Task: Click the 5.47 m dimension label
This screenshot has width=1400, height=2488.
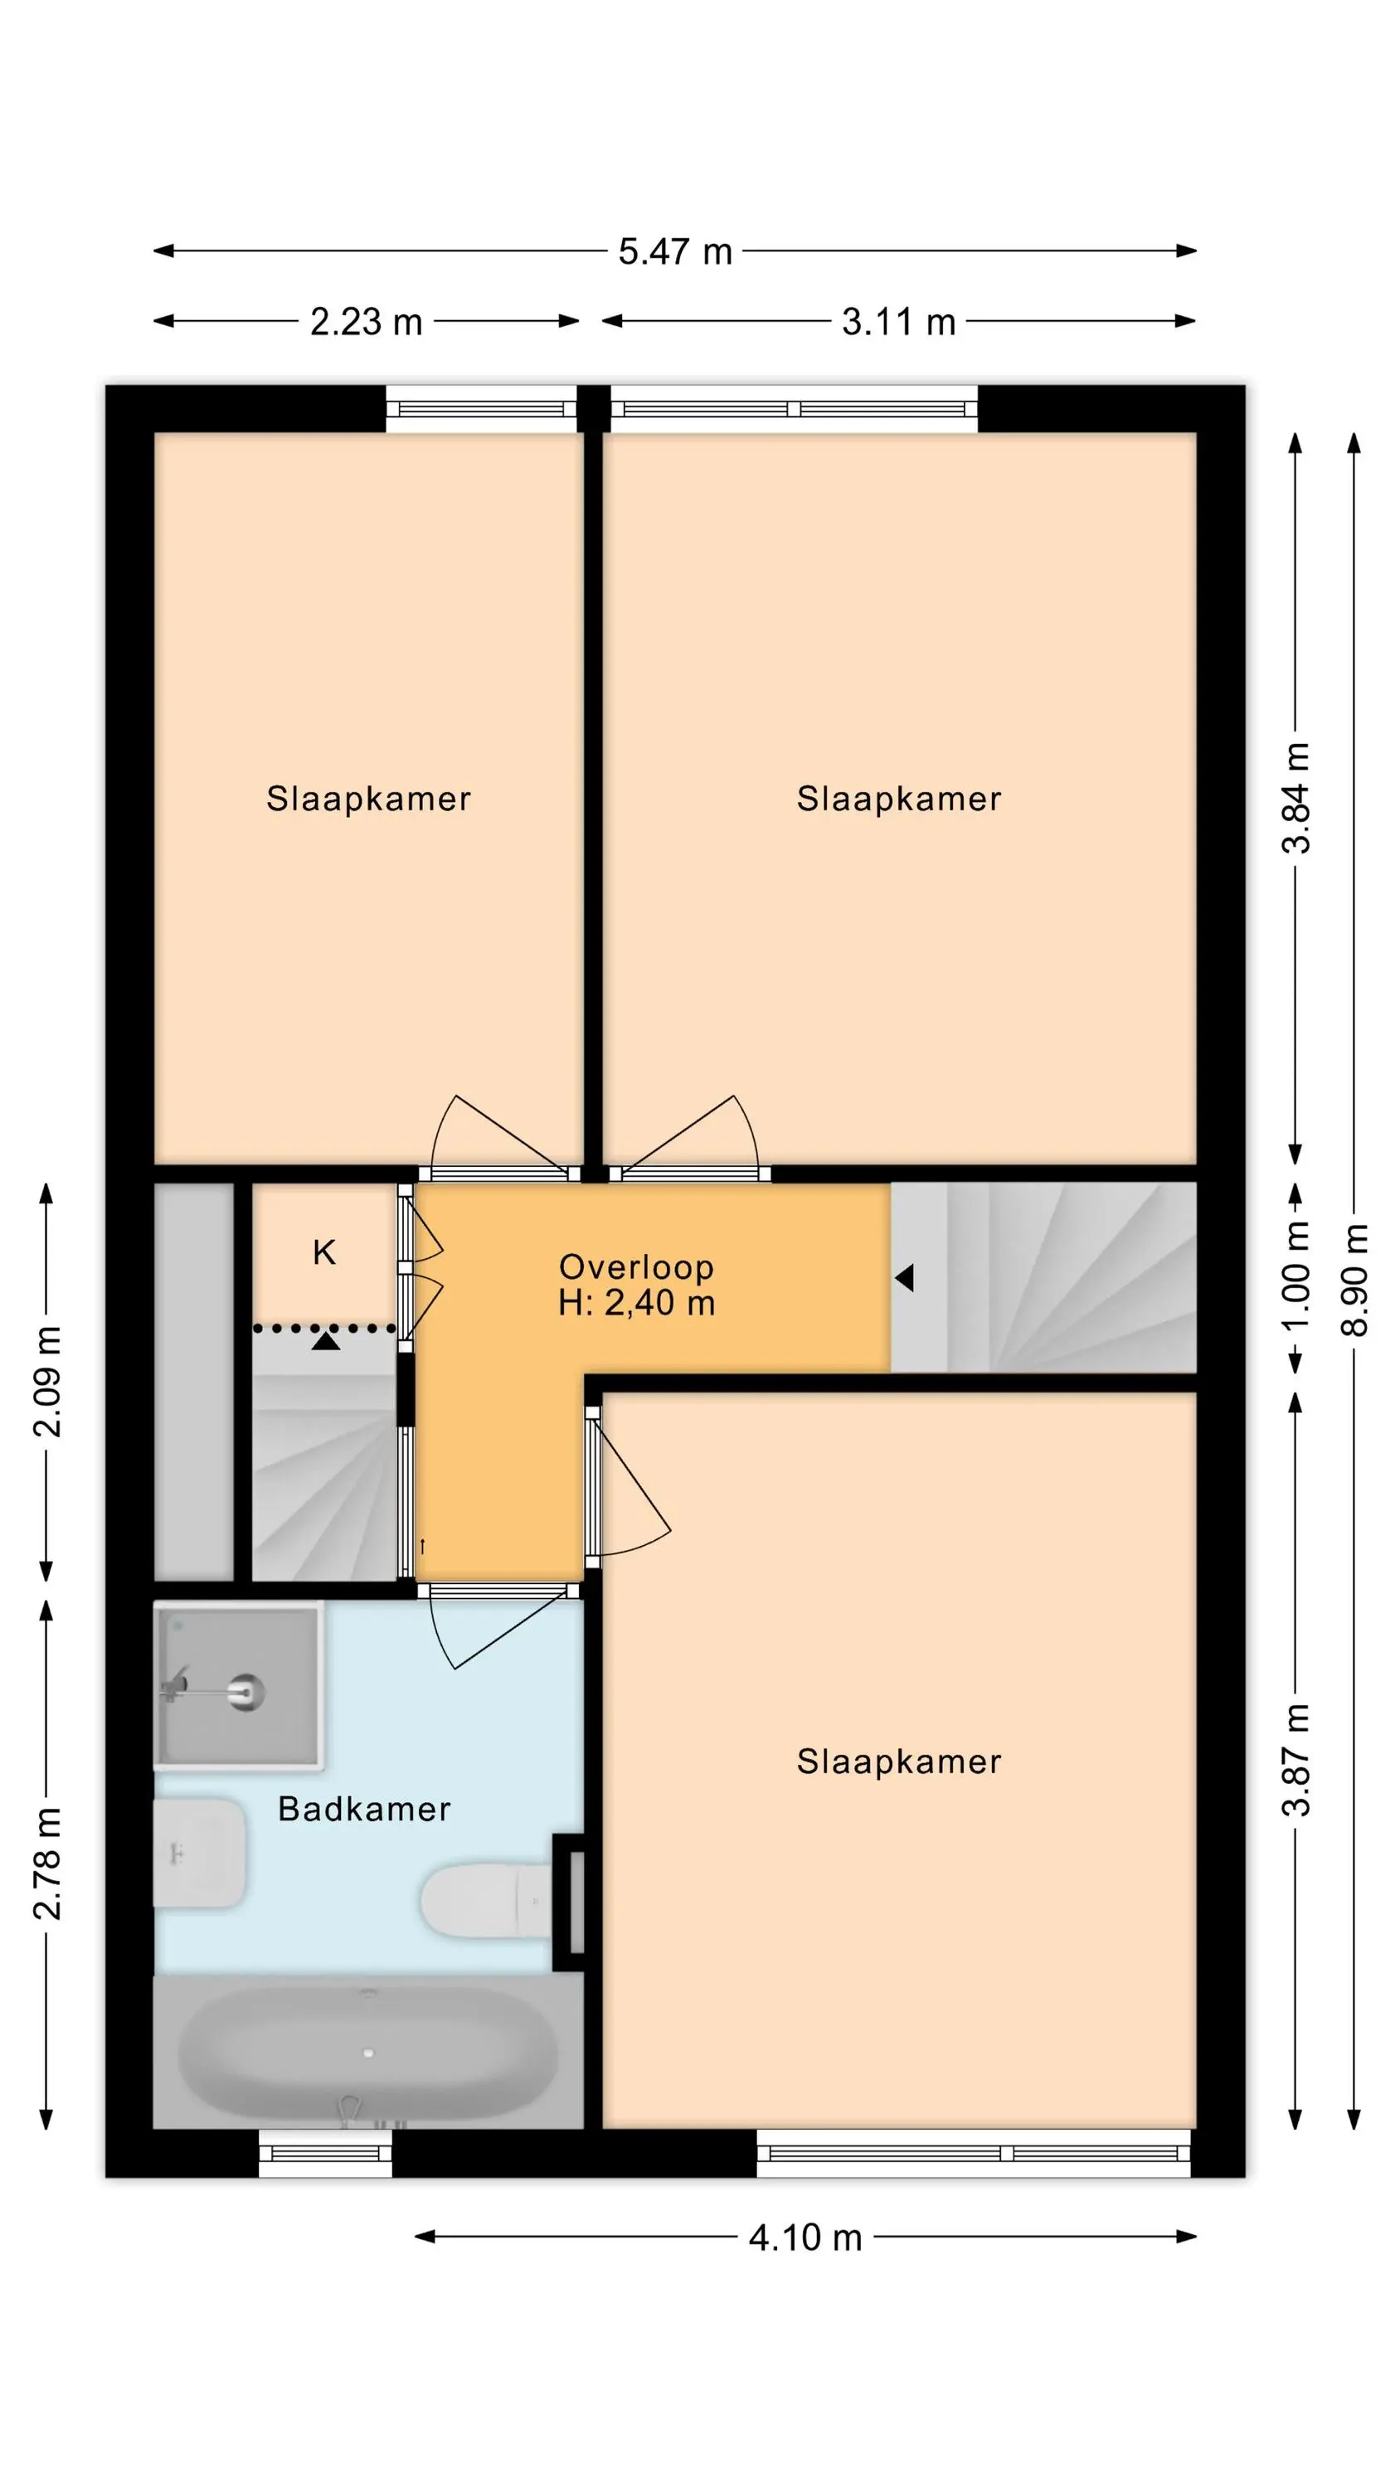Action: (674, 252)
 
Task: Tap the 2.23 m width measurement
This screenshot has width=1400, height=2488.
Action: (367, 322)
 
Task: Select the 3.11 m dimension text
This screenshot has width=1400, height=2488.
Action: (898, 322)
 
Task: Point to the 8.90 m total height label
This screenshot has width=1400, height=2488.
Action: (1354, 1279)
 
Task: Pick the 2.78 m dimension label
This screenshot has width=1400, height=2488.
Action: (47, 1864)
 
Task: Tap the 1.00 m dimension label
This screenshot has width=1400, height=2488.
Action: (1296, 1275)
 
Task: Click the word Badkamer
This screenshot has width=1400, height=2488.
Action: (364, 1809)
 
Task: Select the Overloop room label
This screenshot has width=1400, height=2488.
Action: (636, 1266)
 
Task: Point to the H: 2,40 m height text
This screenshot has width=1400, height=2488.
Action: (636, 1303)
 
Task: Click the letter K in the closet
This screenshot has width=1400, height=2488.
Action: (324, 1252)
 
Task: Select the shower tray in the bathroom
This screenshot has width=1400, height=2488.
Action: (239, 1685)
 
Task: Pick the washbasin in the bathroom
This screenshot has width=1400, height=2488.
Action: (200, 1853)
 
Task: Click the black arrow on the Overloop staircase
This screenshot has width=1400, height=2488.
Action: (904, 1278)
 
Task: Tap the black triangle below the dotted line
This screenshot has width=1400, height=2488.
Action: (326, 1340)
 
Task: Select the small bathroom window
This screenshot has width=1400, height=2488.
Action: (326, 2154)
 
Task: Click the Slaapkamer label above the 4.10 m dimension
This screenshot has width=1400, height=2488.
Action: (898, 1762)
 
